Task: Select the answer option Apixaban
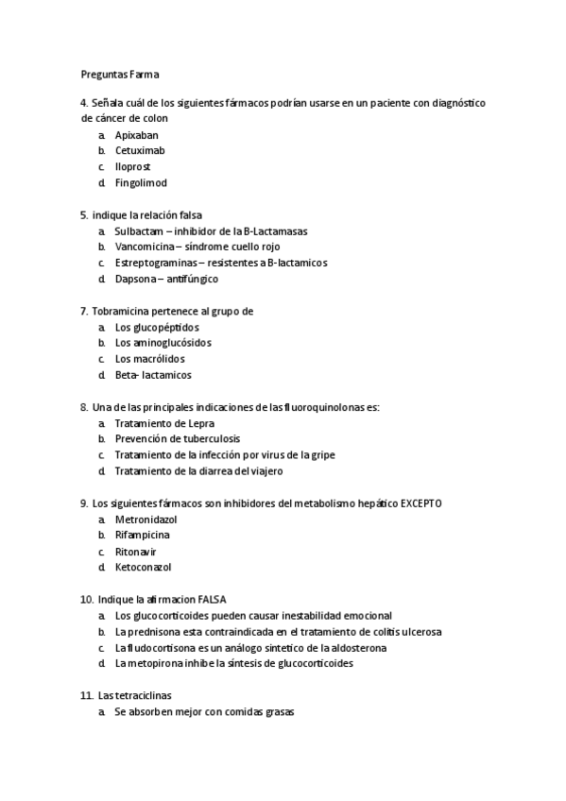coord(137,135)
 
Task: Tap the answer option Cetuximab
coord(141,150)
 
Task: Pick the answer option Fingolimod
coord(141,182)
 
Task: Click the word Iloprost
coord(133,166)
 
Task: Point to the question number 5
coord(84,214)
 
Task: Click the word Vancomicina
coord(144,247)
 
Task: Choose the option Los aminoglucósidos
coord(163,343)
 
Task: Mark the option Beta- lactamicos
coord(153,375)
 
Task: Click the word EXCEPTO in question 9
coord(414,503)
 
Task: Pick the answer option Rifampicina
coord(143,535)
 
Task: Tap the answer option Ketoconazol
coord(145,567)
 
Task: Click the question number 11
coord(86,695)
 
